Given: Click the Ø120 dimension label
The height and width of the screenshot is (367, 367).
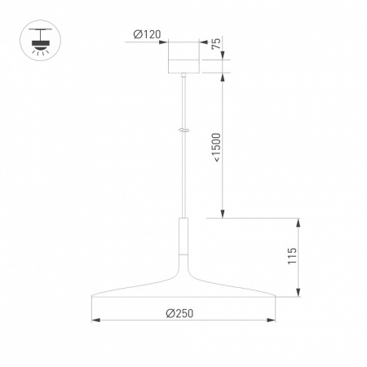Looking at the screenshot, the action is click(147, 34).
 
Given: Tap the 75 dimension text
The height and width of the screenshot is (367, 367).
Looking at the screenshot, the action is click(216, 43).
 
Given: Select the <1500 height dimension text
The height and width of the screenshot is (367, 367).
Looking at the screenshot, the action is click(217, 148).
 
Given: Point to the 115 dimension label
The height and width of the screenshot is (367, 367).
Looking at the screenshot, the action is click(292, 256).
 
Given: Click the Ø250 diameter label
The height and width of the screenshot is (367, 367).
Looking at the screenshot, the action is click(179, 313).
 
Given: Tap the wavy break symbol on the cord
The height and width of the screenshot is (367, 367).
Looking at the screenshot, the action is click(183, 130).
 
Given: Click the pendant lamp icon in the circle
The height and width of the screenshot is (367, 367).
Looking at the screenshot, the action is click(41, 40).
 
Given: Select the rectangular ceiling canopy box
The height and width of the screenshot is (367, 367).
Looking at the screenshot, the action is click(183, 57).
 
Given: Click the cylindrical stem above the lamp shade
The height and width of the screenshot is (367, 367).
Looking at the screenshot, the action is click(183, 236).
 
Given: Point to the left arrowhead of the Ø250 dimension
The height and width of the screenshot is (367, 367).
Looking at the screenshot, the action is click(95, 321).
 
